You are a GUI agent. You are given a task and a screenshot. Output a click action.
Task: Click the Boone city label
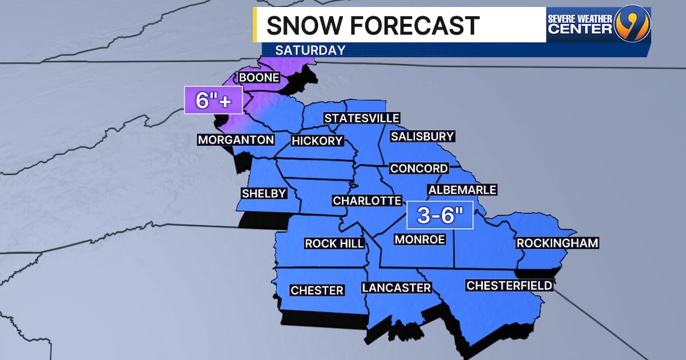(x=259, y=77)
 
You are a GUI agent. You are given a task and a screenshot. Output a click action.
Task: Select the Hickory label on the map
(x=317, y=141)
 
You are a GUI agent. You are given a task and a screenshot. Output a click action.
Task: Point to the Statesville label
(x=361, y=118)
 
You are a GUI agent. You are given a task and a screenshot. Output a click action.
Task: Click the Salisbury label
(x=422, y=136)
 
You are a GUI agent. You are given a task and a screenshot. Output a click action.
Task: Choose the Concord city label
(x=419, y=168)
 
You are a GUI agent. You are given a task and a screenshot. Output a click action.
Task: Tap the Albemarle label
(x=462, y=190)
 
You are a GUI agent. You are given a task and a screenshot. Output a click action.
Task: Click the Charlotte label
(x=367, y=201)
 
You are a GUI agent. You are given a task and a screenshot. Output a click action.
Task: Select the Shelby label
(x=264, y=193)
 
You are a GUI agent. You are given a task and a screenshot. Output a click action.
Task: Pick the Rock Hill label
(x=334, y=243)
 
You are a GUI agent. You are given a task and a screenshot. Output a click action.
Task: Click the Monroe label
(x=420, y=239)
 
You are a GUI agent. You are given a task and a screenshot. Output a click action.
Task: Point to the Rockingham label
(x=557, y=243)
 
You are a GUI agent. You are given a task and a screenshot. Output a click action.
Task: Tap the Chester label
(x=317, y=290)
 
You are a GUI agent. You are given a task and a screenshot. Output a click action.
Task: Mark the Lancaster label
(x=396, y=287)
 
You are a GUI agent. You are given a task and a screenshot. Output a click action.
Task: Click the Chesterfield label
(x=509, y=285)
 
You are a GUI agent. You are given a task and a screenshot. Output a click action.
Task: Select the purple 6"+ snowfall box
(x=213, y=100)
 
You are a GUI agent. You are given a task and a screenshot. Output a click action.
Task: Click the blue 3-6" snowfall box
(x=440, y=215)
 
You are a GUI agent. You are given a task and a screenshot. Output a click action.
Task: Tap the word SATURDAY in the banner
(x=310, y=50)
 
